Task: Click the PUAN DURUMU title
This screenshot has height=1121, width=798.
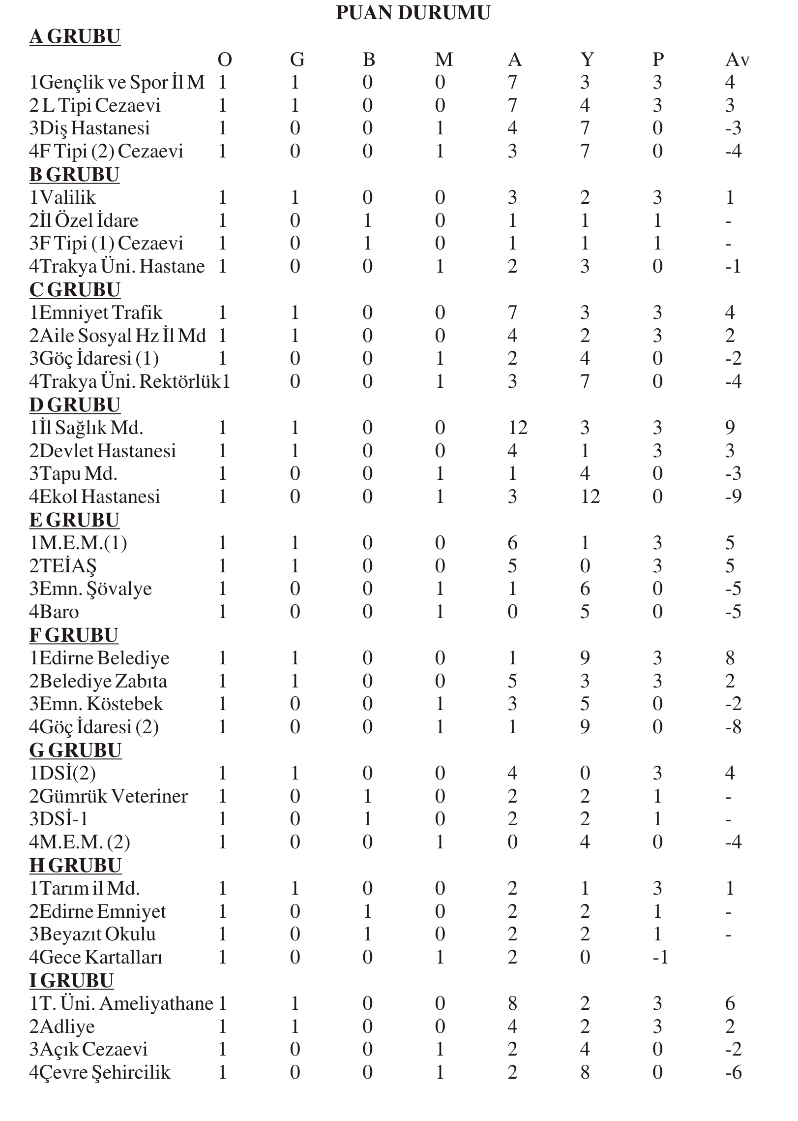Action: pos(413,13)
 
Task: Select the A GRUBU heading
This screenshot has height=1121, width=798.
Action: pos(75,37)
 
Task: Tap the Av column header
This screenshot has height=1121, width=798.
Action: pos(737,60)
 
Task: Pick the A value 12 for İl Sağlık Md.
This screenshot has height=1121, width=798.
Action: pos(517,428)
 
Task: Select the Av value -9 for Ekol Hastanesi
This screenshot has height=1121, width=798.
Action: pos(733,497)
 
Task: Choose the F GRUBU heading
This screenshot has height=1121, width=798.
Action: pos(74,635)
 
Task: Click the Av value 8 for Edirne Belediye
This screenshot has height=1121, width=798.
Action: pos(730,658)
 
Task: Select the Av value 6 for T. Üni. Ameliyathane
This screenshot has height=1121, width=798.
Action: pos(730,1003)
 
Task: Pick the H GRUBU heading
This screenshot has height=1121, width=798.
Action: pos(75,866)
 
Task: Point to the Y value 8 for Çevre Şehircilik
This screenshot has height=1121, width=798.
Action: pos(585,1072)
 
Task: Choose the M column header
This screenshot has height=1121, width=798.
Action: pos(443,60)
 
